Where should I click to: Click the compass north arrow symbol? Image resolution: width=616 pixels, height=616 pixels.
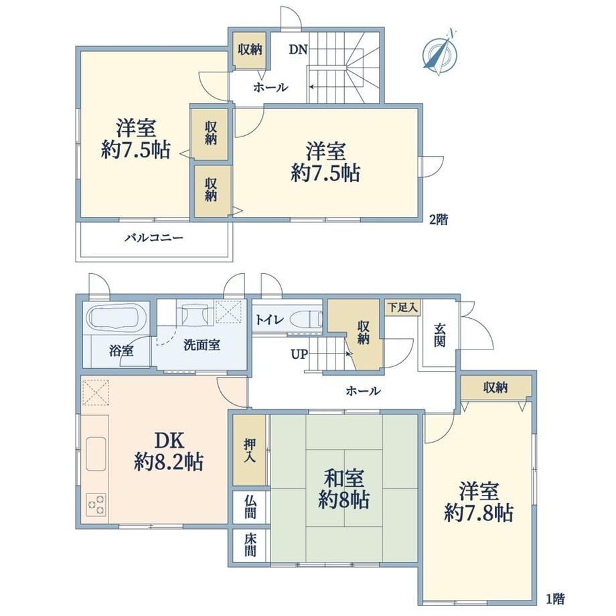(x=440, y=54)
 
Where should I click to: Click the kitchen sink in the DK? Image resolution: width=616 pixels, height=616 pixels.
(x=96, y=454)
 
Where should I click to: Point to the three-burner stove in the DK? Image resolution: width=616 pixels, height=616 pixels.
(x=96, y=504)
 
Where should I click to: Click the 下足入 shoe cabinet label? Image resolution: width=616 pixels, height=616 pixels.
(x=402, y=307)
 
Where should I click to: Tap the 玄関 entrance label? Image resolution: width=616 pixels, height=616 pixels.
(x=440, y=335)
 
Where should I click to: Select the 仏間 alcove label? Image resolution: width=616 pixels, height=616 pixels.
(x=250, y=506)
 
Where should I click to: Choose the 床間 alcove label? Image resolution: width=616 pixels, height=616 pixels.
(x=250, y=545)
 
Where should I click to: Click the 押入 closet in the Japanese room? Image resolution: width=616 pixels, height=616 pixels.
(x=250, y=450)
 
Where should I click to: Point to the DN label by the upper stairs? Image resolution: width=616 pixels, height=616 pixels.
(x=298, y=50)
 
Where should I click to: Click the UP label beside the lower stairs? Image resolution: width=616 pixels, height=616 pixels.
(x=299, y=354)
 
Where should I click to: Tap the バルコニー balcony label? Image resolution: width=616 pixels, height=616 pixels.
(x=154, y=238)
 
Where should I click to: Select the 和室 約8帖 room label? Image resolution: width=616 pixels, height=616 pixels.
(x=343, y=489)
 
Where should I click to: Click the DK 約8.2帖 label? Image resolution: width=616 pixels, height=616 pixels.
(x=169, y=451)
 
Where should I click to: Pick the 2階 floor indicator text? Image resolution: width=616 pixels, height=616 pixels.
(x=438, y=219)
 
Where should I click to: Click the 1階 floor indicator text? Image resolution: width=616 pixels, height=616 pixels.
(x=555, y=599)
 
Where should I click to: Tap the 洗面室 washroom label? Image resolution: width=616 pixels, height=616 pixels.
(x=202, y=345)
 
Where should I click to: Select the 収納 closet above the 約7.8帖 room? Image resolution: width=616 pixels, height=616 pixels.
(x=495, y=388)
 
